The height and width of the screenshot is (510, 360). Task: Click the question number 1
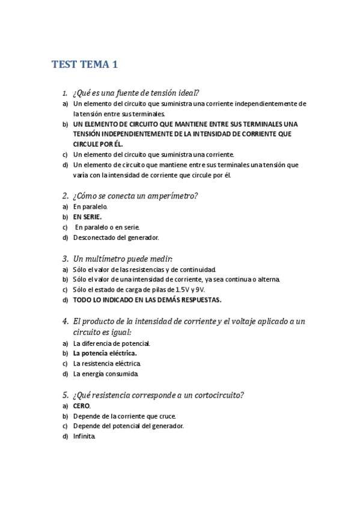point(64,93)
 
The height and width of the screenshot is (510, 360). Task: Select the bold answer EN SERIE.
point(88,217)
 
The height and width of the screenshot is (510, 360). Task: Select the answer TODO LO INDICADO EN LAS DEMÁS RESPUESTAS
point(147,300)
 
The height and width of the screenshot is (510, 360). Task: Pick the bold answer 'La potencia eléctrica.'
point(105,354)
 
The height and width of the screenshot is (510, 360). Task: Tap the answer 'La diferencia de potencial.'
point(111,343)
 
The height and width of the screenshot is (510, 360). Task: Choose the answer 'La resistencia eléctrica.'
point(107,364)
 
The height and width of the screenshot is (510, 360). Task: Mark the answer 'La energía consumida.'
point(106,374)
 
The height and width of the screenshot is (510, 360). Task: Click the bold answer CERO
point(82,406)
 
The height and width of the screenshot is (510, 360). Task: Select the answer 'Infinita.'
point(84,437)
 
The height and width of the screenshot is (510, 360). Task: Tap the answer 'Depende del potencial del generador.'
point(128,426)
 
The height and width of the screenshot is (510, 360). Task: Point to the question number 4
point(64,321)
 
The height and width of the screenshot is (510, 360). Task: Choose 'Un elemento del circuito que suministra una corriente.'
point(153,155)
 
